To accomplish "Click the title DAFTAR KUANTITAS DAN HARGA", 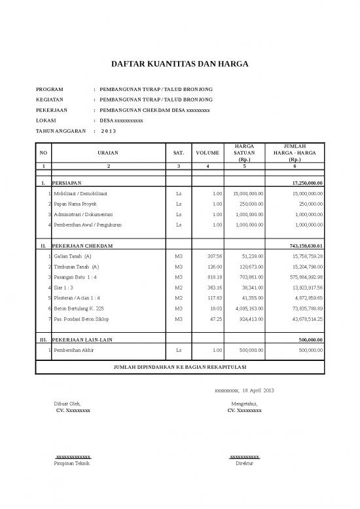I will [179, 65].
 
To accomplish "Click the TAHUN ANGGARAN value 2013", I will [108, 132].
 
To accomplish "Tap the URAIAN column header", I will [108, 153].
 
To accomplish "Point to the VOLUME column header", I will [207, 153].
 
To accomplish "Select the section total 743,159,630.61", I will [306, 246].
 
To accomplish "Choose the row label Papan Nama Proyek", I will [74, 204].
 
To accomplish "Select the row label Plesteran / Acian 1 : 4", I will [77, 297].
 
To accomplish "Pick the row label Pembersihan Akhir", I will [75, 350].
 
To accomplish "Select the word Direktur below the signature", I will [244, 463].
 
